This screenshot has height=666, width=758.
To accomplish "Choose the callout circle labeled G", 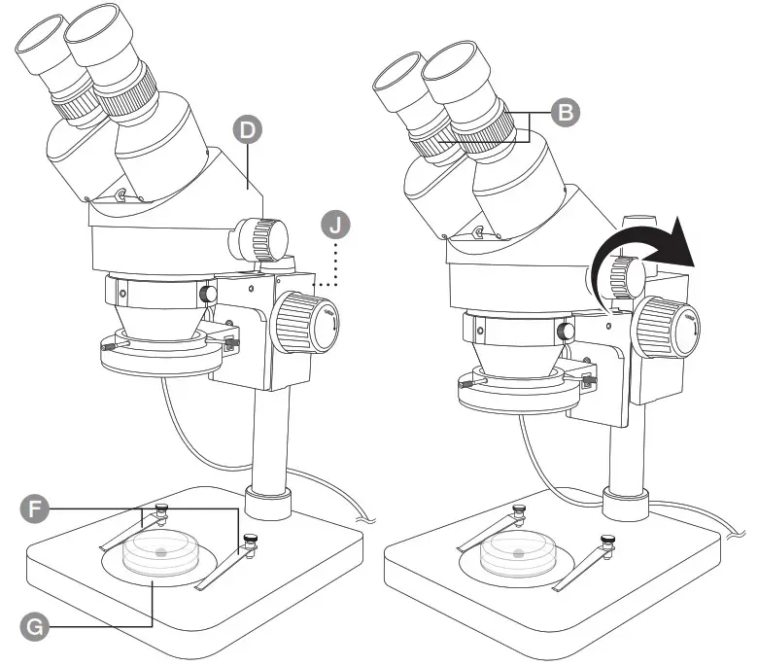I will pos(34,628).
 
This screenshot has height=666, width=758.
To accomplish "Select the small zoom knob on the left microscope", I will pos(260,237).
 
